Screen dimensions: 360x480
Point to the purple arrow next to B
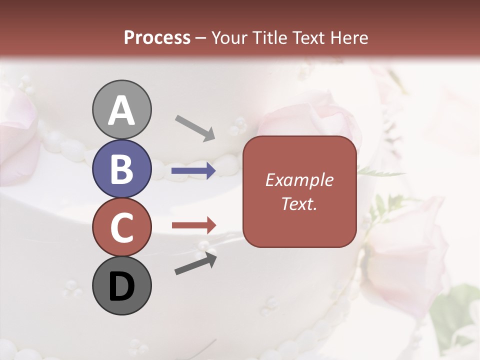[193, 171]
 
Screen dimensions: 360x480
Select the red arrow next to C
[193, 225]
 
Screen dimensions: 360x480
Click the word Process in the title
[157, 37]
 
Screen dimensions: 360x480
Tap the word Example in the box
[299, 180]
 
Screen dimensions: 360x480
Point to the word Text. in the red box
[299, 203]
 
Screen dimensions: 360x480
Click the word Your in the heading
[228, 37]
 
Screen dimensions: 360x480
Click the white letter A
[121, 111]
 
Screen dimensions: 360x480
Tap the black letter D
[121, 286]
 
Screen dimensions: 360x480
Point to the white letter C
[121, 228]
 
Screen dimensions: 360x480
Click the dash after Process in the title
[201, 38]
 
